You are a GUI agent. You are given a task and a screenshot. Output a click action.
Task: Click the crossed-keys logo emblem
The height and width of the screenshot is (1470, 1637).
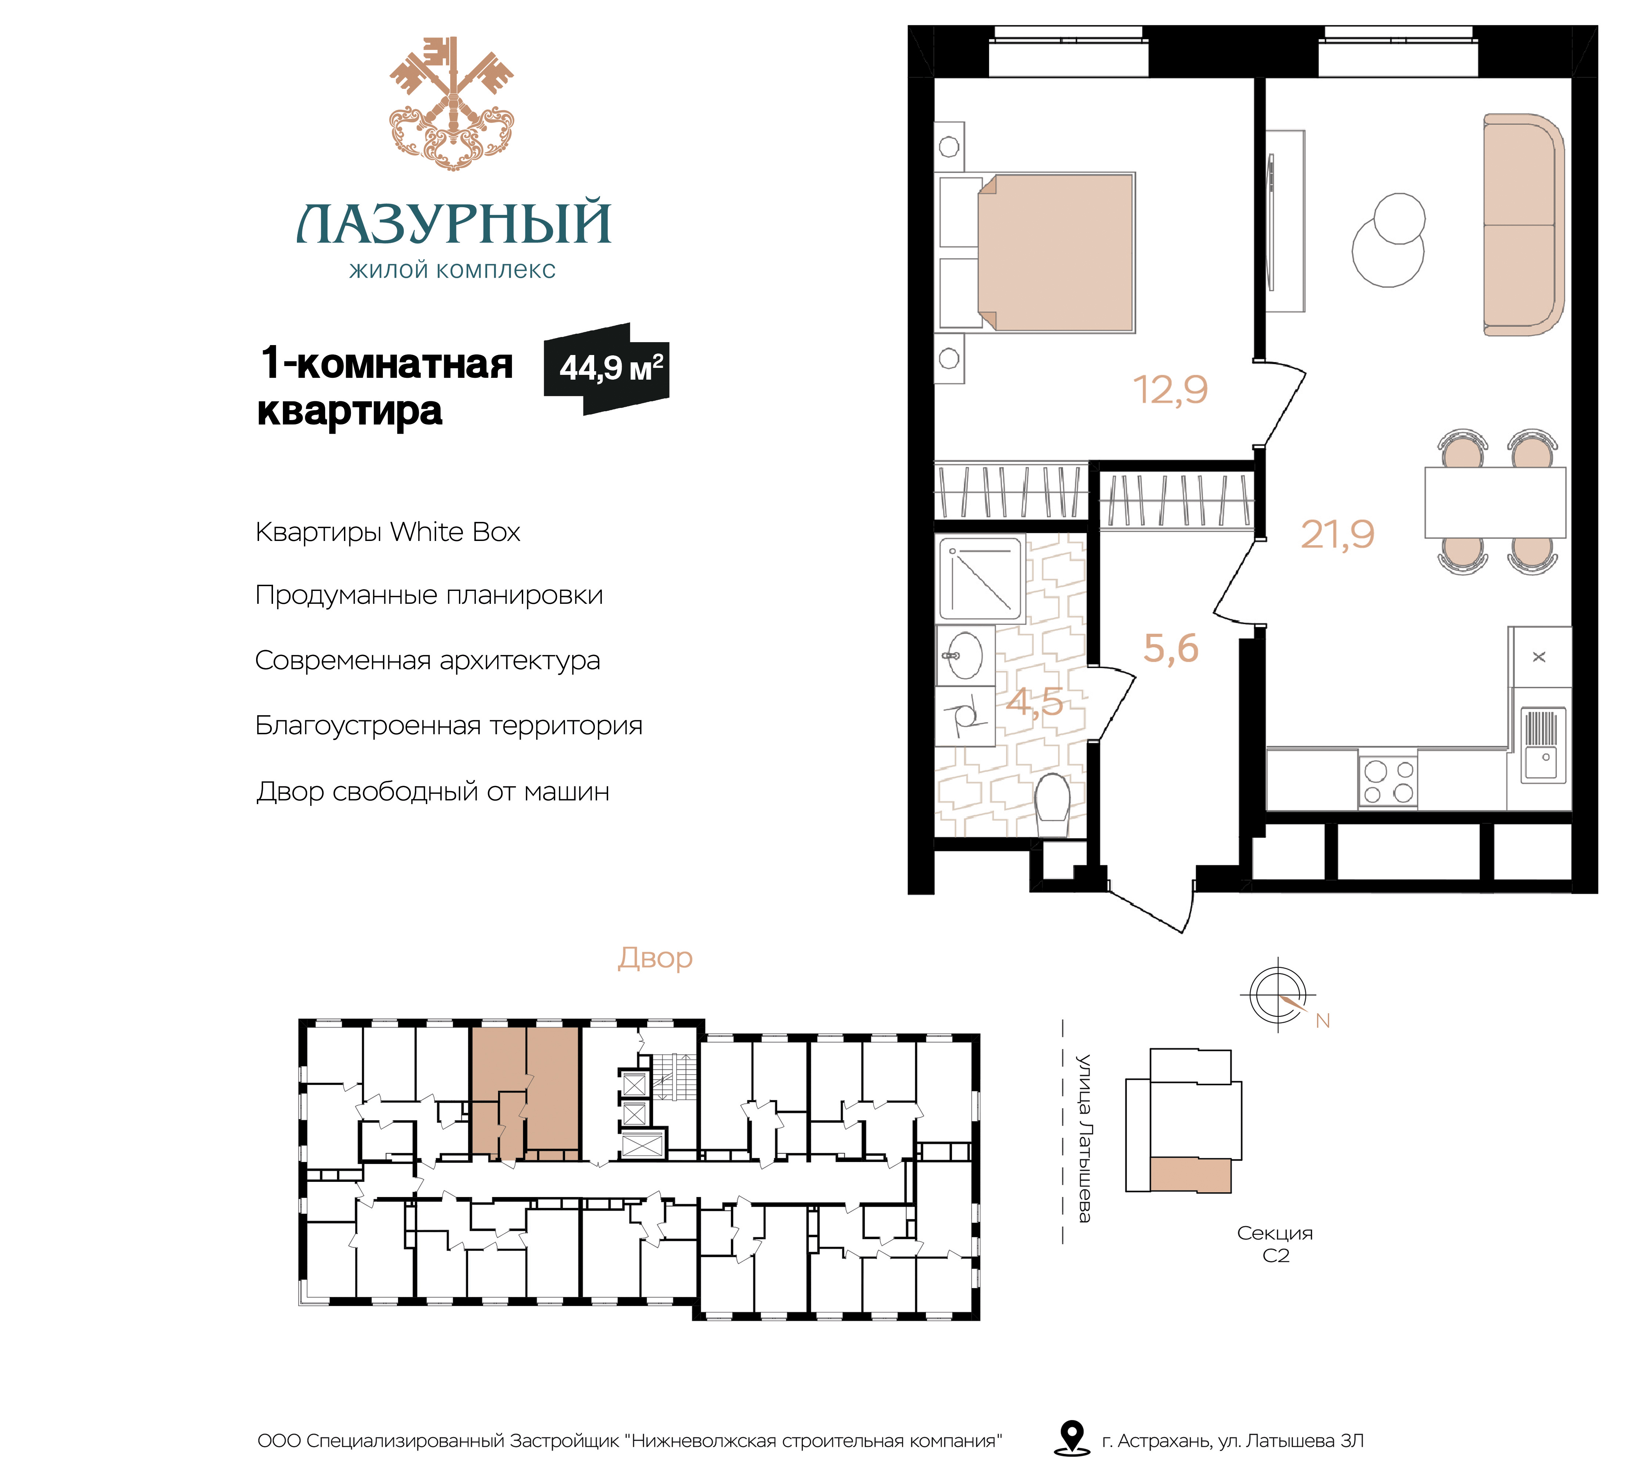pyautogui.click(x=452, y=103)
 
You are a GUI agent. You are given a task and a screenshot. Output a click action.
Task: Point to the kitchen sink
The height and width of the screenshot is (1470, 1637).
pyautogui.click(x=1543, y=745)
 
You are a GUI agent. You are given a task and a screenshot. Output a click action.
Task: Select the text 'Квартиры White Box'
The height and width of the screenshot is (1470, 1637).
pyautogui.click(x=388, y=532)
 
